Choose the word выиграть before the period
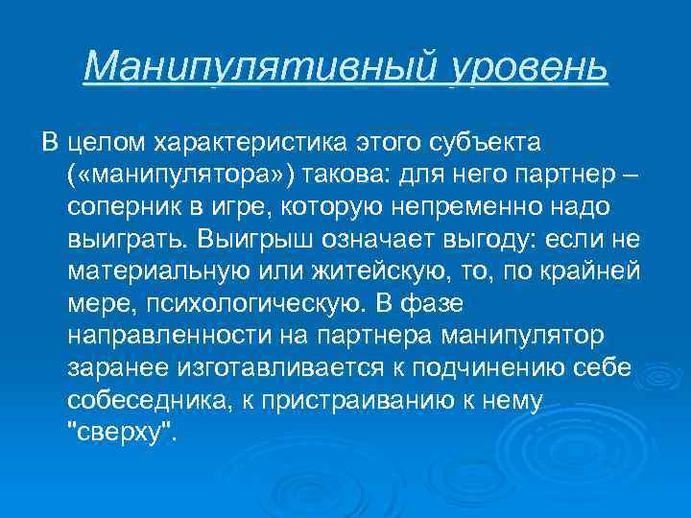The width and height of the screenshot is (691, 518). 128,238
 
